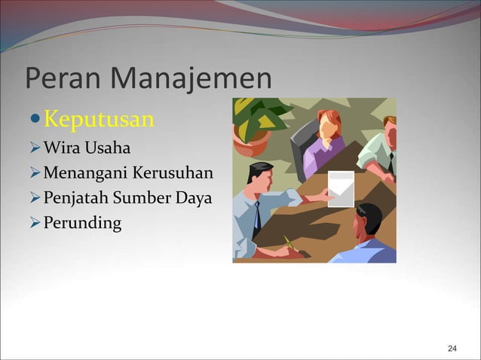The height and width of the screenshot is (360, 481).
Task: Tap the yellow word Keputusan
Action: tap(99, 119)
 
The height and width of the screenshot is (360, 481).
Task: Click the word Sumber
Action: tap(143, 200)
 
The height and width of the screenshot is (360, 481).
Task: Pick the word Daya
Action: tap(195, 200)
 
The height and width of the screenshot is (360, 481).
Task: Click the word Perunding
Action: tap(81, 226)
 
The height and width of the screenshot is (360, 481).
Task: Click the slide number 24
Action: tap(452, 348)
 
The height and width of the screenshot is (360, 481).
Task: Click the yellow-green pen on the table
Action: tap(288, 243)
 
